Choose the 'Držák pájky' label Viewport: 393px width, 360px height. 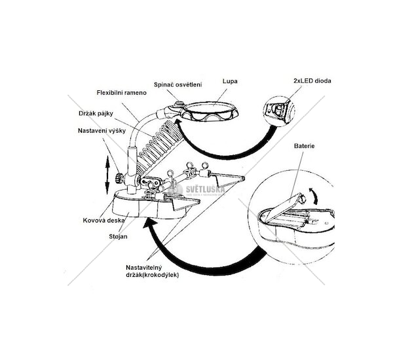point(96,113)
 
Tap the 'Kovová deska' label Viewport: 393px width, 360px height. point(100,220)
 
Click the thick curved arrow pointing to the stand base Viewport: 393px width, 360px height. point(196,262)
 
